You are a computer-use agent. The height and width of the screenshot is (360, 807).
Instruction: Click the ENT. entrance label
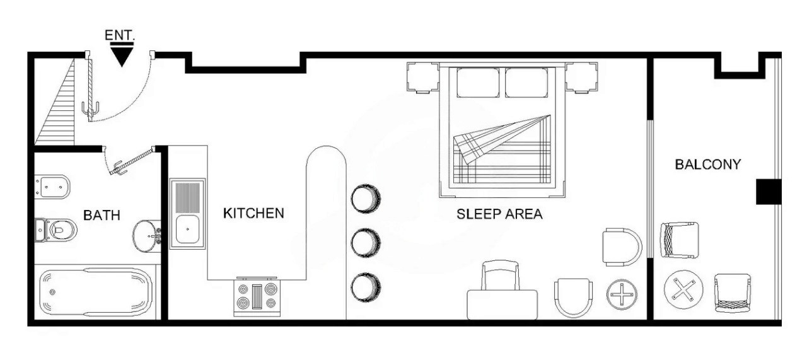pyautogui.click(x=120, y=35)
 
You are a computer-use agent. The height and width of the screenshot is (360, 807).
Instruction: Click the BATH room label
pyautogui.click(x=102, y=216)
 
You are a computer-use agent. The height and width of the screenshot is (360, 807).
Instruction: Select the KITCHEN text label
pyautogui.click(x=253, y=213)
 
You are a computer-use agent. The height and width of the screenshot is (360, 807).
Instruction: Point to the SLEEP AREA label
pyautogui.click(x=499, y=214)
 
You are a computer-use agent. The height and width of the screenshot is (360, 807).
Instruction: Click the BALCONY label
pyautogui.click(x=707, y=165)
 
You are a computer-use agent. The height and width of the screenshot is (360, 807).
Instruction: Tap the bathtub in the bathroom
pyautogui.click(x=95, y=293)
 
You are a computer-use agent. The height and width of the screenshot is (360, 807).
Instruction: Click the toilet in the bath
pyautogui.click(x=57, y=230)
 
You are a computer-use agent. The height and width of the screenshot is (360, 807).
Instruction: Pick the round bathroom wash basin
pyautogui.click(x=146, y=236)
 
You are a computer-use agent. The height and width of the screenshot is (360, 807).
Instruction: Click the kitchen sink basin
pyautogui.click(x=187, y=229)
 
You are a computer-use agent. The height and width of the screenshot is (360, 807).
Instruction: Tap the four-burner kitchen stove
pyautogui.click(x=257, y=296)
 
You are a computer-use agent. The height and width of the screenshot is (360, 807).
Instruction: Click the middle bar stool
pyautogui.click(x=365, y=243)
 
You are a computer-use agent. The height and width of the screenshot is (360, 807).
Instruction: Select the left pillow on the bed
pyautogui.click(x=478, y=83)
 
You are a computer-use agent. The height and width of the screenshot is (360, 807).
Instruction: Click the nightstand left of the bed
pyautogui.click(x=422, y=77)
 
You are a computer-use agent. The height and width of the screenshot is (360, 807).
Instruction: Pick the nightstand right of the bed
pyautogui.click(x=581, y=77)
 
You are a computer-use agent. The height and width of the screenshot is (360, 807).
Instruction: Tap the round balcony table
pyautogui.click(x=683, y=289)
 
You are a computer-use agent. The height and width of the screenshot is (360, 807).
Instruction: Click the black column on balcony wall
pyautogui.click(x=769, y=192)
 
